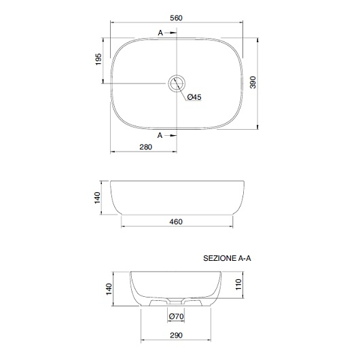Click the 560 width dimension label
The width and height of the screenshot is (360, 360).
176,18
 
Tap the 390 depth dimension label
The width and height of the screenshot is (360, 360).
253,82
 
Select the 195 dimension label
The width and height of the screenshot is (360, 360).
98,59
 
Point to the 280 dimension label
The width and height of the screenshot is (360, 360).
146,147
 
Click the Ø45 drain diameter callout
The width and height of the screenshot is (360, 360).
194,97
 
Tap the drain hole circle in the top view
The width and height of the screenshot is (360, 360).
177,75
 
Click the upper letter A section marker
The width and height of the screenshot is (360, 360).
160,33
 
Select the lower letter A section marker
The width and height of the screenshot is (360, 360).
160,135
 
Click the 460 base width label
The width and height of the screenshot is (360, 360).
176,222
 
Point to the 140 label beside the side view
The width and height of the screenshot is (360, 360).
97,198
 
